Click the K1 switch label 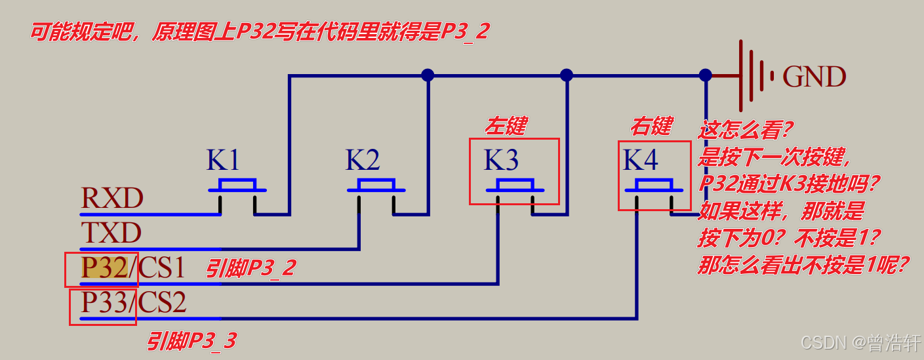coord(224,161)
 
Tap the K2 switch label coord(363,161)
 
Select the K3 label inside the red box coord(501,161)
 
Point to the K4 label coord(641,161)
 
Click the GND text coord(814,77)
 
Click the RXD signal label coord(111,198)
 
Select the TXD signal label coord(111,233)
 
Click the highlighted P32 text coord(103,268)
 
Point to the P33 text coord(103,302)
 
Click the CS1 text coord(163,268)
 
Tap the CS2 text coord(163,302)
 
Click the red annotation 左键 coord(506,125)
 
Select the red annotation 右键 coord(652,125)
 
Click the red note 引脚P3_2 coord(251,268)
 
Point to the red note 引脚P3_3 coord(191,341)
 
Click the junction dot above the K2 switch coord(428,75)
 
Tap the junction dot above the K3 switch coord(567,75)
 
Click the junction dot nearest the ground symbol coord(706,75)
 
